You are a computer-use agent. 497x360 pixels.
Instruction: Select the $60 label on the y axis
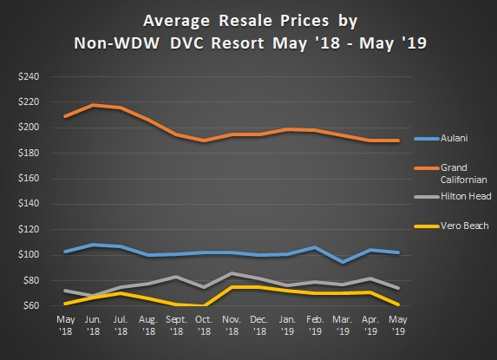(x=29, y=306)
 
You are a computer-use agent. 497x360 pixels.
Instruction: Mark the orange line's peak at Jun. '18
(x=93, y=105)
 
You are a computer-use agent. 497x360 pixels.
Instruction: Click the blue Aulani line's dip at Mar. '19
(x=343, y=261)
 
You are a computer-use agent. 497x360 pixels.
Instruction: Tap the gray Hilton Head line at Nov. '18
(x=232, y=273)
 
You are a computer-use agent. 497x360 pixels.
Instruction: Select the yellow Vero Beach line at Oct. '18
(x=204, y=305)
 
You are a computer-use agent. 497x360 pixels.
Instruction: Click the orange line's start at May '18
(x=65, y=116)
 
